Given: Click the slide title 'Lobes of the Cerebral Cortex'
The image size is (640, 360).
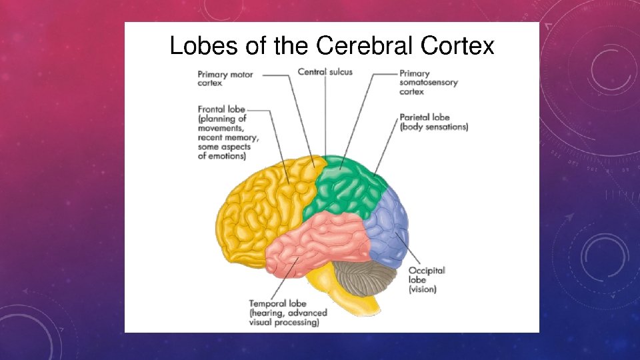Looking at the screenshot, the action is point(331,46).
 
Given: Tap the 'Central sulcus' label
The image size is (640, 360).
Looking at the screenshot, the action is point(325,71).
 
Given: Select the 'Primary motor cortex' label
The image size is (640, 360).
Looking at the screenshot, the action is point(225,79).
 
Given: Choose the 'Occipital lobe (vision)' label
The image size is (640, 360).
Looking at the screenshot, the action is point(427,280).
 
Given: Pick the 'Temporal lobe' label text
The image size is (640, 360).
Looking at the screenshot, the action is point(277,303).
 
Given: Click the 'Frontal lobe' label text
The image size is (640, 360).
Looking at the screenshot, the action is point(221,109).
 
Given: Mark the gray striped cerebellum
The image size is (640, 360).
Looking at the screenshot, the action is point(367,277).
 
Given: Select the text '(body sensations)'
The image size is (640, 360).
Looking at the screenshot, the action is point(433,127).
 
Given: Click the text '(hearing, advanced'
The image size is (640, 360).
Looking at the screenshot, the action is point(288,313).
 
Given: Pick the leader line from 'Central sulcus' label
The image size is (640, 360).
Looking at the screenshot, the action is point(325,113).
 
